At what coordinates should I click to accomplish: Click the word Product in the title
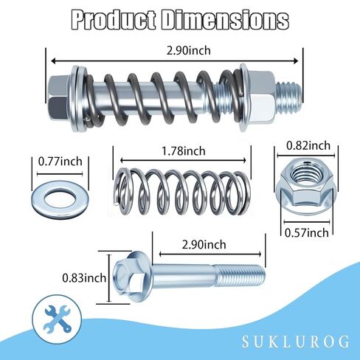point(114,20)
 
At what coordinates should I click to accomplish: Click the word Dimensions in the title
point(225,20)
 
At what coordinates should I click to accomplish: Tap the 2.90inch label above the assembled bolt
point(189,51)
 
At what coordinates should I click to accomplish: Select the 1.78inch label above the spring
point(183,150)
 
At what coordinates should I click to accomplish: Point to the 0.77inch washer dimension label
point(60,162)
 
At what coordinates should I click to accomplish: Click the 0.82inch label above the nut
point(308,145)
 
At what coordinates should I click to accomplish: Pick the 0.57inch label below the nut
point(307,232)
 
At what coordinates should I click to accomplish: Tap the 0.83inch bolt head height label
point(84,278)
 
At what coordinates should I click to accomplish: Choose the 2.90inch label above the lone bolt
point(204,245)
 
